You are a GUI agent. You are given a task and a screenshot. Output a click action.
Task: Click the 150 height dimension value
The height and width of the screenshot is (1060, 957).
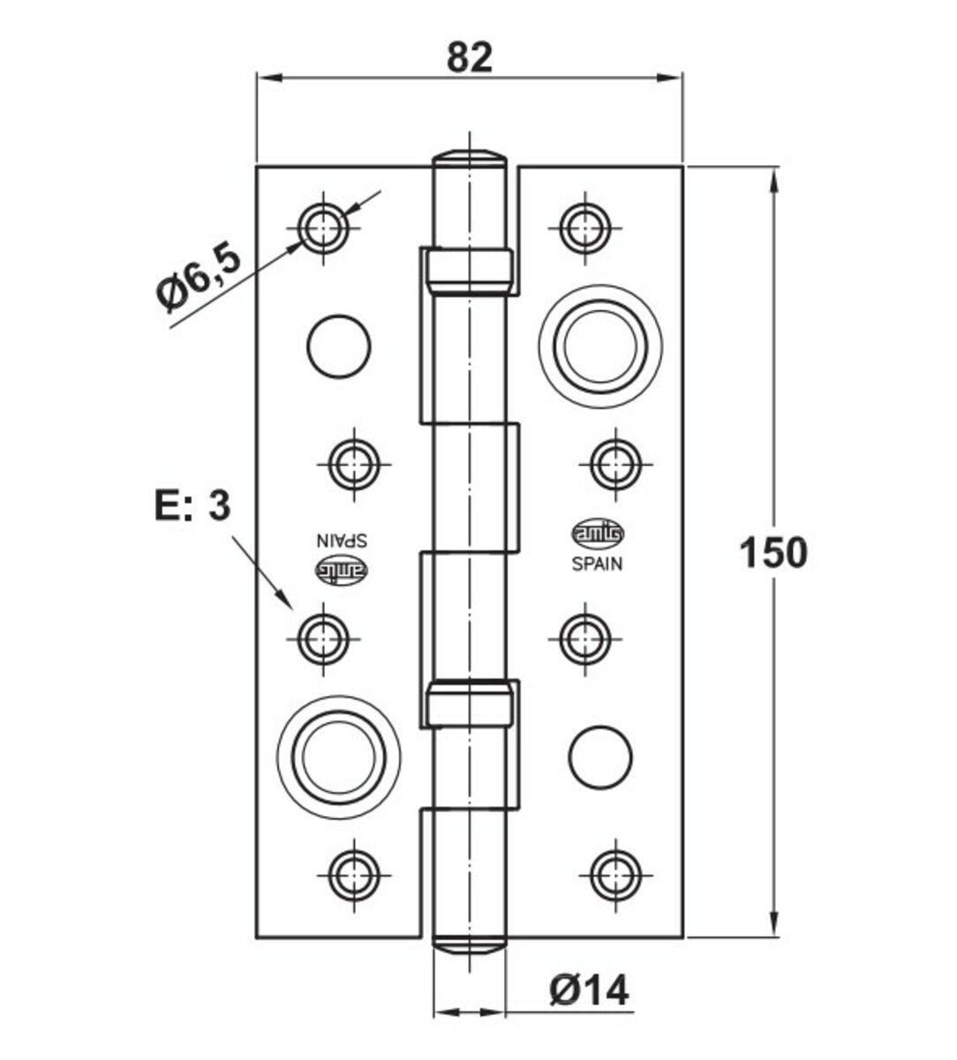click(x=772, y=553)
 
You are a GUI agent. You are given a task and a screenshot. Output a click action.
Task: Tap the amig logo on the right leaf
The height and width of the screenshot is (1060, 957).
click(x=599, y=533)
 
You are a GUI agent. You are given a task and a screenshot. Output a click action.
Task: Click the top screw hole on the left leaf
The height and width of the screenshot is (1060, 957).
click(x=324, y=228)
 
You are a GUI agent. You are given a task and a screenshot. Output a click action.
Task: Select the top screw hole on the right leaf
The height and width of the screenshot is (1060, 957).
click(x=585, y=226)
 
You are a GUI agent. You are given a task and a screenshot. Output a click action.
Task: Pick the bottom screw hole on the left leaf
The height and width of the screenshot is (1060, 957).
click(x=353, y=872)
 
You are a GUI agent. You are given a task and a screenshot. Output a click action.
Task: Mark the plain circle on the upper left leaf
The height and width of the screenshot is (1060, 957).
click(x=338, y=346)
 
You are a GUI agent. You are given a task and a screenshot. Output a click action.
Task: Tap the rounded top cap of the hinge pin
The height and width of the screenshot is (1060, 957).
click(x=470, y=160)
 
